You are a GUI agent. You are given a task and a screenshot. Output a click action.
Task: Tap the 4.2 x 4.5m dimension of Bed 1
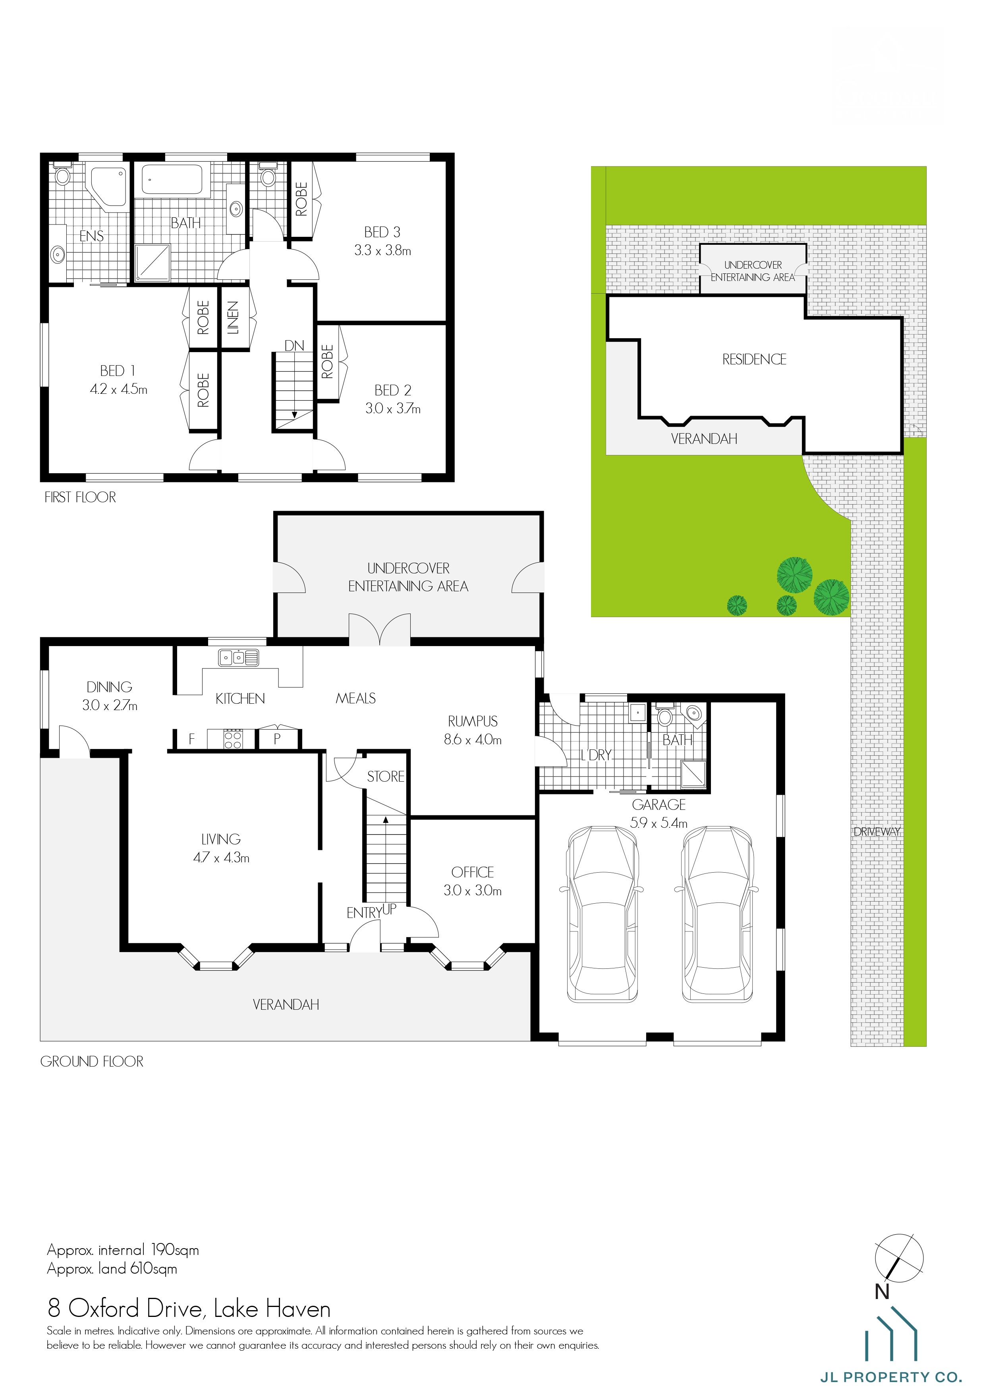[118, 389]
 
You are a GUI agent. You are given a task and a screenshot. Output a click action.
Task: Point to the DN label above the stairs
[294, 345]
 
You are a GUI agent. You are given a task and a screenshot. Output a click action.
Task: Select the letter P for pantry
[277, 739]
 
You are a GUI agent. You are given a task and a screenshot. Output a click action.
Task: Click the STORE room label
[385, 776]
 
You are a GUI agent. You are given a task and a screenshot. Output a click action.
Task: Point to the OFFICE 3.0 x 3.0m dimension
[472, 891]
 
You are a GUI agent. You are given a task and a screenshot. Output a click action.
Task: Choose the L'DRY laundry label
[596, 755]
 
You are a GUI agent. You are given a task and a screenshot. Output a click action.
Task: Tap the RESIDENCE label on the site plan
[754, 360]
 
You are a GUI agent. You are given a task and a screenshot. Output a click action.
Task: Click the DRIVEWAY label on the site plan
[876, 832]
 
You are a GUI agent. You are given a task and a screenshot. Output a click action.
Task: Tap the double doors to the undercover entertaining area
[379, 629]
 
